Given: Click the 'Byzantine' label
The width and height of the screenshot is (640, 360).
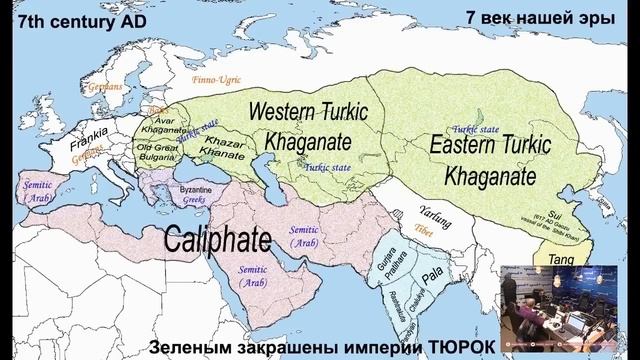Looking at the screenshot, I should tap(195, 189).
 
